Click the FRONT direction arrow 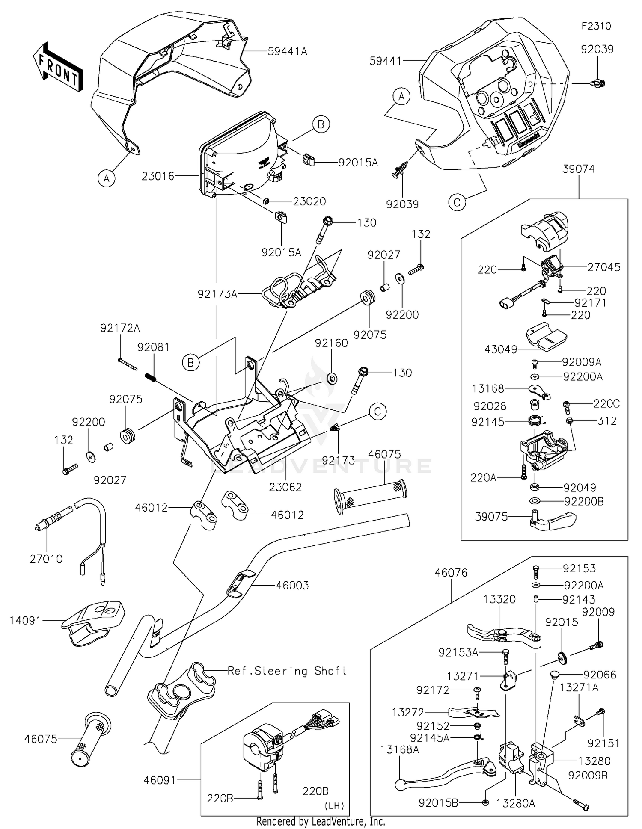[x=58, y=67]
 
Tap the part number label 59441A [x=287, y=51]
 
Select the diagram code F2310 [x=596, y=26]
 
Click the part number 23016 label [x=158, y=176]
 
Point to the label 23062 [x=285, y=487]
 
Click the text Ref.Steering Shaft [x=287, y=671]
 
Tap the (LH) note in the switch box [x=334, y=806]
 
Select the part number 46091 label [x=160, y=780]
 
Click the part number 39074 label [x=579, y=169]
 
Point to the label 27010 [x=46, y=559]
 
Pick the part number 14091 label [x=26, y=620]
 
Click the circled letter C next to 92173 [x=377, y=412]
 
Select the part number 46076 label [x=451, y=573]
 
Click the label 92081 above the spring [x=153, y=347]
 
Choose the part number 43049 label [x=501, y=349]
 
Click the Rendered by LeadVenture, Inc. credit [x=321, y=822]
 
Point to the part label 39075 [x=491, y=517]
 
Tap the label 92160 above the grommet [x=331, y=343]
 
